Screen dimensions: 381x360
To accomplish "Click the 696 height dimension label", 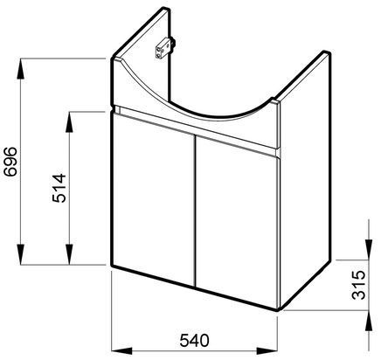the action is (10, 162).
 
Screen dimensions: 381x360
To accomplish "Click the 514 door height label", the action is (59, 188).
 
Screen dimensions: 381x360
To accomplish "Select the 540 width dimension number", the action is (194, 341).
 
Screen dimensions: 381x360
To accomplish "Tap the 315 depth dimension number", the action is (358, 285).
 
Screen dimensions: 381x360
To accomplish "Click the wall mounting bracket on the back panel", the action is (164, 48).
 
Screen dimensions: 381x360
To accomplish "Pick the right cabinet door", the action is (237, 221).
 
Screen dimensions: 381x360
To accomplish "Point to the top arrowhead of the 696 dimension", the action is (20, 69).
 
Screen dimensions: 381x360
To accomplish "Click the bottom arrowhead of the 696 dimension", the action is (20, 254).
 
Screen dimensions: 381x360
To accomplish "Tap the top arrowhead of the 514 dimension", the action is (69, 122).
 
